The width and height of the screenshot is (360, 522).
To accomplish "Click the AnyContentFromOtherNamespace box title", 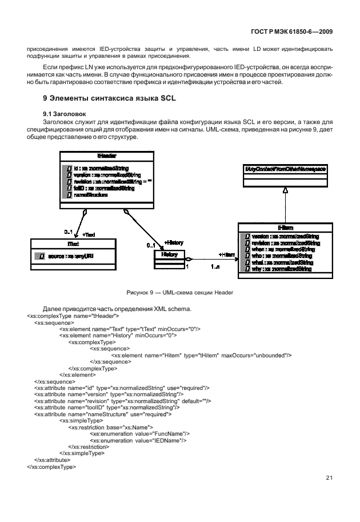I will tap(286, 169).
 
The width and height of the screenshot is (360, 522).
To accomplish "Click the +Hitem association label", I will tap(227, 254).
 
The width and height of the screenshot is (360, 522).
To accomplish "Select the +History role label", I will tap(174, 242).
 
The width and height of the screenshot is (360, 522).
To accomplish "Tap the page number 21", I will tap(329, 478).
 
